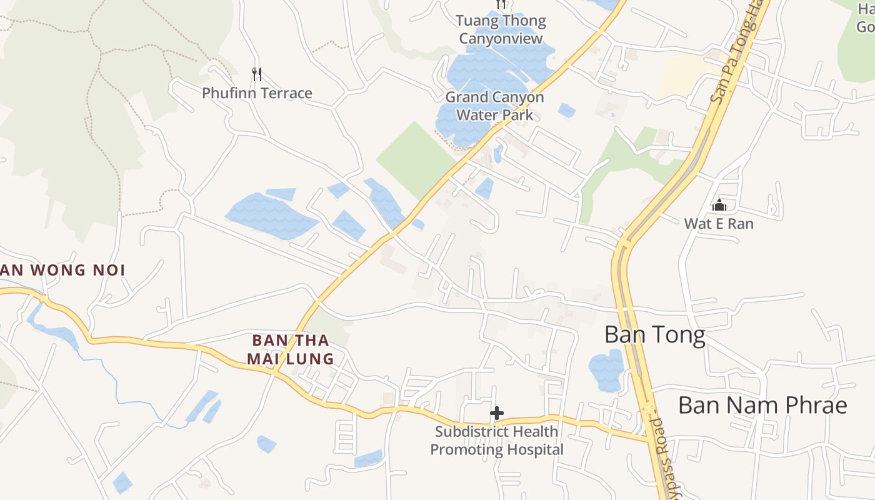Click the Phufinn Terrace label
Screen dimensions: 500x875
click(257, 94)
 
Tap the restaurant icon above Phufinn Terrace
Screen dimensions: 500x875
click(257, 74)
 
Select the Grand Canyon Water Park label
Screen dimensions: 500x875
click(494, 106)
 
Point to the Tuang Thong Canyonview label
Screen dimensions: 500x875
click(501, 29)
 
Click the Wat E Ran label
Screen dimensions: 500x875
click(719, 224)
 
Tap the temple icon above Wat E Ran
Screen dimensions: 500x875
click(719, 205)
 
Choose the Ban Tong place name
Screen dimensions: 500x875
click(654, 335)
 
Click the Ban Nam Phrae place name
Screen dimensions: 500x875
click(762, 406)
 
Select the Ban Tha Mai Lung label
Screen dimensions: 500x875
click(290, 350)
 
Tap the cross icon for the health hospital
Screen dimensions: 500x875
click(497, 413)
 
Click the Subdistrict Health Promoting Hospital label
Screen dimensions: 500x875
click(497, 441)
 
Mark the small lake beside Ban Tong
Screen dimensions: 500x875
click(606, 371)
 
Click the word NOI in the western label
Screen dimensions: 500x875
click(109, 271)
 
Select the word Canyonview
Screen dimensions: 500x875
click(501, 39)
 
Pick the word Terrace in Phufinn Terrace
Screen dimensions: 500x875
click(286, 94)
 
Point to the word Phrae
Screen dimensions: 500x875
click(819, 406)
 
